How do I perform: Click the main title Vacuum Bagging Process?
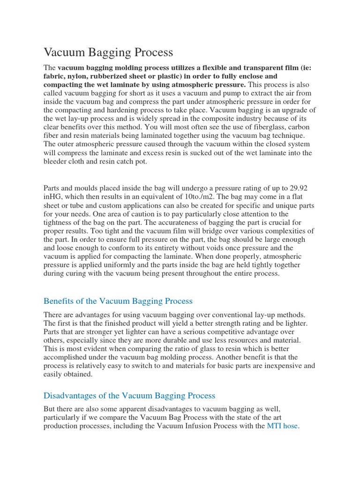click(108, 52)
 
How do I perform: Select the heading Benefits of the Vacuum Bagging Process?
click(118, 301)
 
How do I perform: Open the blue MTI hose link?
click(282, 426)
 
